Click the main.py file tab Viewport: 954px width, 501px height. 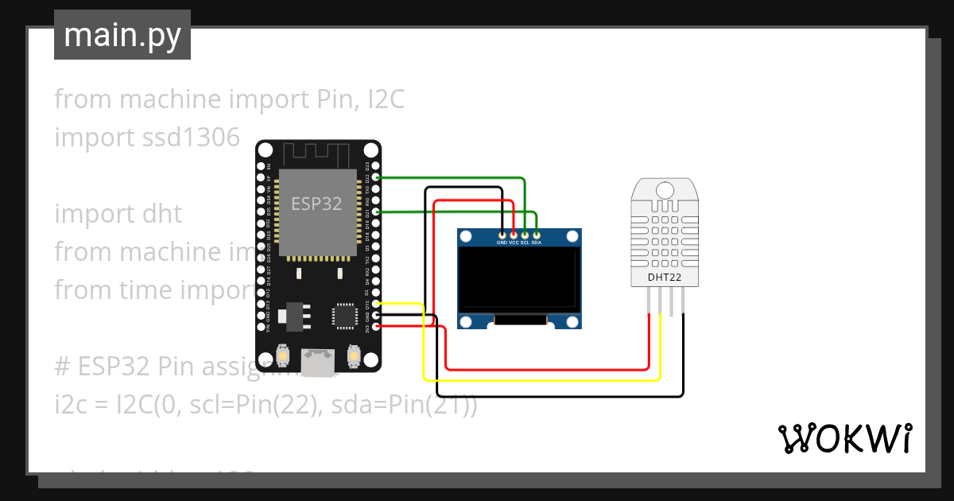point(122,36)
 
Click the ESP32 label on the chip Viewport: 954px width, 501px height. point(316,204)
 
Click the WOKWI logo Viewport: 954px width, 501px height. point(843,438)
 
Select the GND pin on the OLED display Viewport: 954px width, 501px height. point(502,235)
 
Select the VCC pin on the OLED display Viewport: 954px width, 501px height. point(514,235)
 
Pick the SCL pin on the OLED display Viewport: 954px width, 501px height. point(525,235)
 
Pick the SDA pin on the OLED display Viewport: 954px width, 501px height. point(537,235)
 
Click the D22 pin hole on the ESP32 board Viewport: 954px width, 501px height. point(376,177)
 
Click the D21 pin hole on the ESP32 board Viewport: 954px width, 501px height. point(376,212)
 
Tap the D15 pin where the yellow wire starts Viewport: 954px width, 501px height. point(376,303)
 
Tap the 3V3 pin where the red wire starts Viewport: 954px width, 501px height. point(376,326)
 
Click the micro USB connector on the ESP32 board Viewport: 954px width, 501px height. point(319,363)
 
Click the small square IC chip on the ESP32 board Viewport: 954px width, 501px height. point(345,316)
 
